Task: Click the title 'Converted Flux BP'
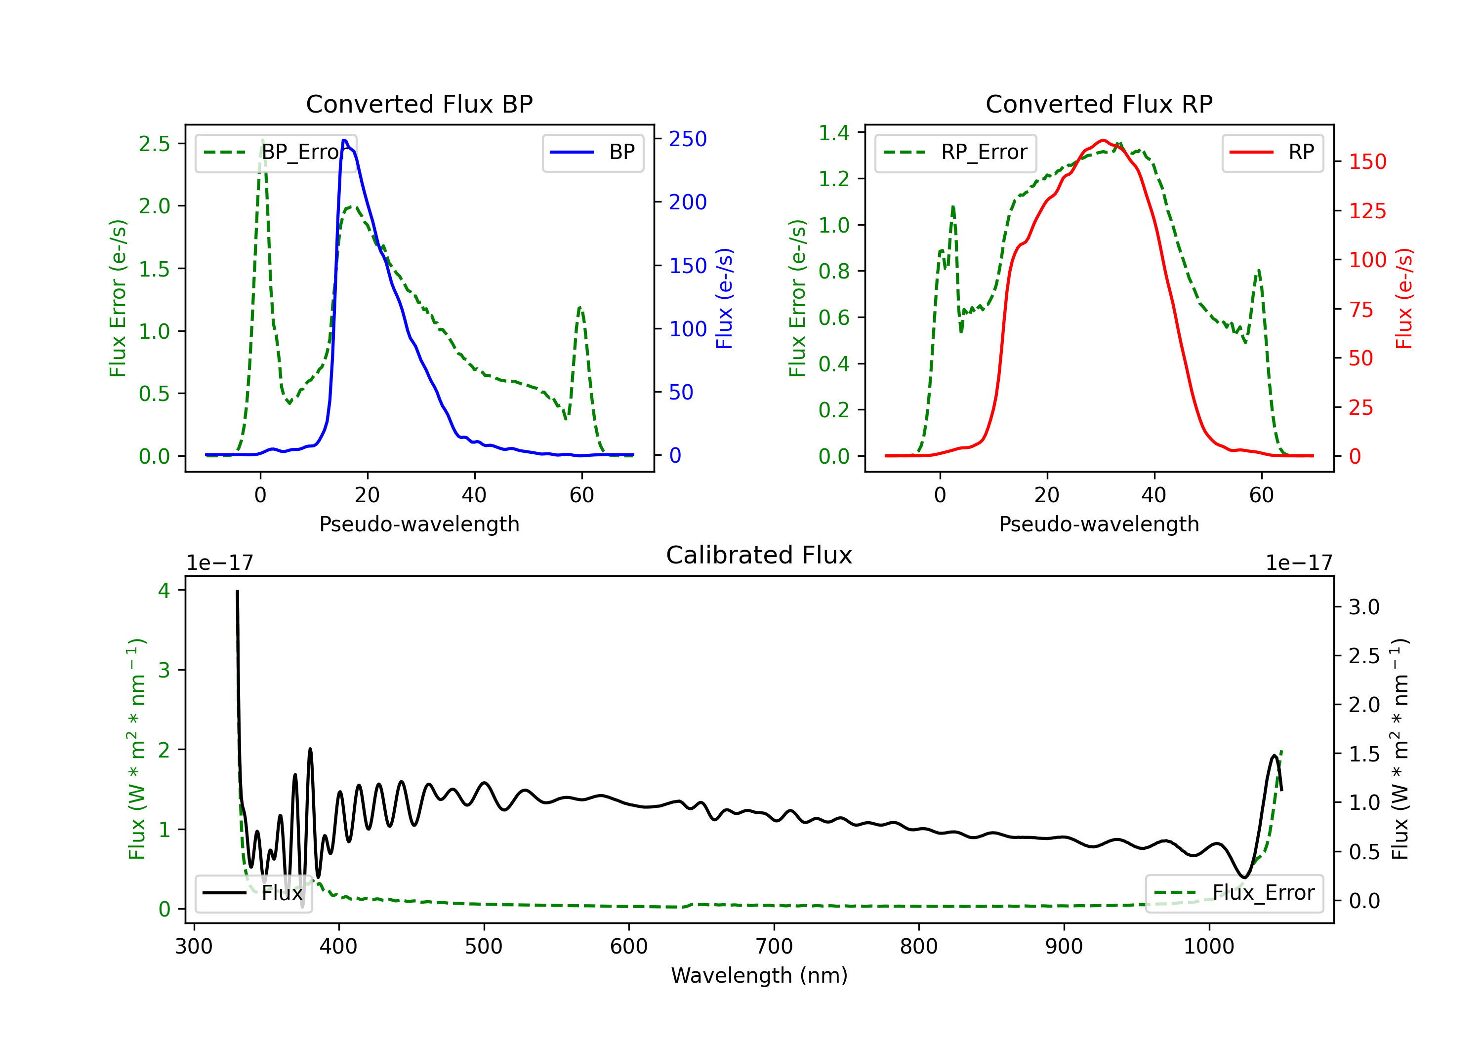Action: (x=419, y=104)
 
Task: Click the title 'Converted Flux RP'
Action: (x=1099, y=104)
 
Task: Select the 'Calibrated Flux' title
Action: (x=759, y=555)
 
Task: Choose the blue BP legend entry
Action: (x=592, y=152)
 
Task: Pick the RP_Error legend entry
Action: (x=955, y=152)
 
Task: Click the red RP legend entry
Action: (x=1272, y=152)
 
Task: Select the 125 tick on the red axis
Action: (x=1367, y=211)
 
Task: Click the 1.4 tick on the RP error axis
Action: (x=834, y=133)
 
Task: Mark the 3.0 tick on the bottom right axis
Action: (x=1364, y=607)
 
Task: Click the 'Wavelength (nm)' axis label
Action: (x=759, y=975)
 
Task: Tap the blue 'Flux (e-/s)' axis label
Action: (x=724, y=299)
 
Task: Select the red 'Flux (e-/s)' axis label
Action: (x=1404, y=299)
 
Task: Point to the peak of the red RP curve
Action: (x=1103, y=140)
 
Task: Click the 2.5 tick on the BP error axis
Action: (x=154, y=144)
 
